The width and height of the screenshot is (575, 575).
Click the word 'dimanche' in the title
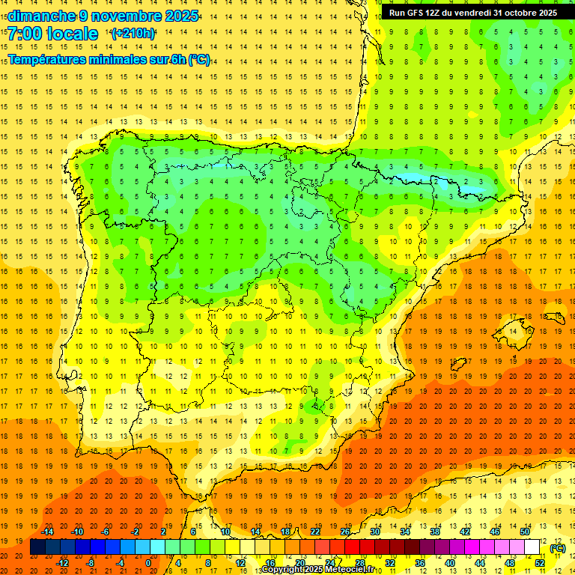pos(41,15)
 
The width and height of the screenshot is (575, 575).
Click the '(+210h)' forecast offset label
pos(133,34)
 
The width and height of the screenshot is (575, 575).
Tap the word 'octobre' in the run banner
pos(517,13)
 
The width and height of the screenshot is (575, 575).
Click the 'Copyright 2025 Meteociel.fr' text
pos(322,570)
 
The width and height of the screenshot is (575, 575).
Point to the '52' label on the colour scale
pos(540,563)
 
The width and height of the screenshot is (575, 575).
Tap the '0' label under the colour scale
pos(148,563)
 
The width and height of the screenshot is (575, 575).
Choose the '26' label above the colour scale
pos(345,532)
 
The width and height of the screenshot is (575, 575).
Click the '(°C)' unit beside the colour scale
pos(557,548)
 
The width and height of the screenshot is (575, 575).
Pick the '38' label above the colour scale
pos(435,532)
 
